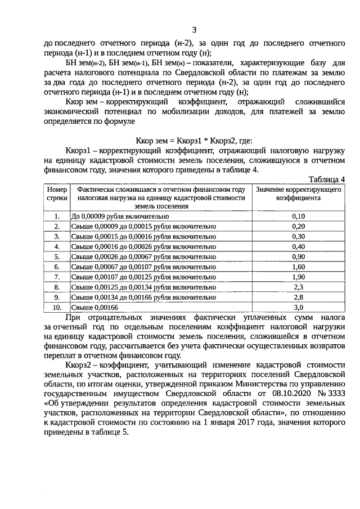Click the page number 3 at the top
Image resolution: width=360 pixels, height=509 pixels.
click(x=194, y=30)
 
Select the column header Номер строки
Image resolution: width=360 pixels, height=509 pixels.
click(x=57, y=194)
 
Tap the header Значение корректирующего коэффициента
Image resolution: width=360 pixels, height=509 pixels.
click(x=298, y=194)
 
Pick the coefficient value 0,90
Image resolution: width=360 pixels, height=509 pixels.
click(x=299, y=256)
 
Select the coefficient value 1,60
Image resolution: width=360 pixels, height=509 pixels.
click(x=299, y=267)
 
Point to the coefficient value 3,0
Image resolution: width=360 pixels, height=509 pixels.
click(x=299, y=307)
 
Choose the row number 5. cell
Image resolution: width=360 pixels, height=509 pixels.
click(x=57, y=256)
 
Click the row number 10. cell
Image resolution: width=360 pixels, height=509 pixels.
click(x=57, y=307)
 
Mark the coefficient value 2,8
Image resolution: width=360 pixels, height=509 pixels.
click(x=299, y=297)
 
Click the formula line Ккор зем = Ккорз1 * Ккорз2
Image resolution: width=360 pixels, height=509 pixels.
click(x=194, y=141)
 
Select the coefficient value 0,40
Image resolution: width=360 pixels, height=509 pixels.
click(x=299, y=246)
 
